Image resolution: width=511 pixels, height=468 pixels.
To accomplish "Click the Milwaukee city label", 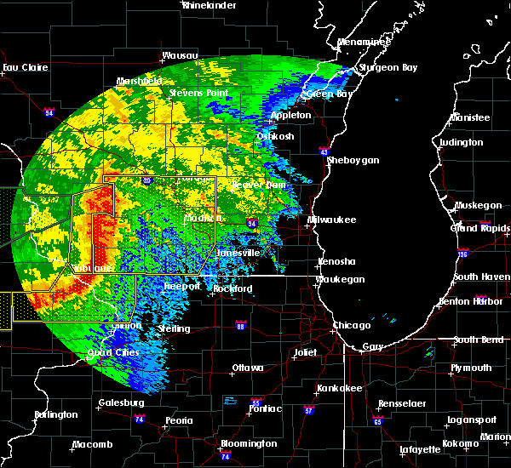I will click(x=332, y=220).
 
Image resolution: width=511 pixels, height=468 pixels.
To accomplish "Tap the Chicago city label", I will click(x=352, y=325).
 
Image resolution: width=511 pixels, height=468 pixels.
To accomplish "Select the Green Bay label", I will click(x=329, y=94).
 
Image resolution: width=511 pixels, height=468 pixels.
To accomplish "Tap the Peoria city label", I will click(x=178, y=420).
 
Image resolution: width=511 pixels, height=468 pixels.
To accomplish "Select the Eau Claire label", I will click(x=23, y=67).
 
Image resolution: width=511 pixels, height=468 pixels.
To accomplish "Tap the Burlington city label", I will click(x=56, y=415).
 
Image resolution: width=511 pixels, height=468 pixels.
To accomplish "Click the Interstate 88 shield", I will click(x=241, y=326).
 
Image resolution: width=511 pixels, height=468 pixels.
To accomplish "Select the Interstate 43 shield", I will click(x=324, y=151).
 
